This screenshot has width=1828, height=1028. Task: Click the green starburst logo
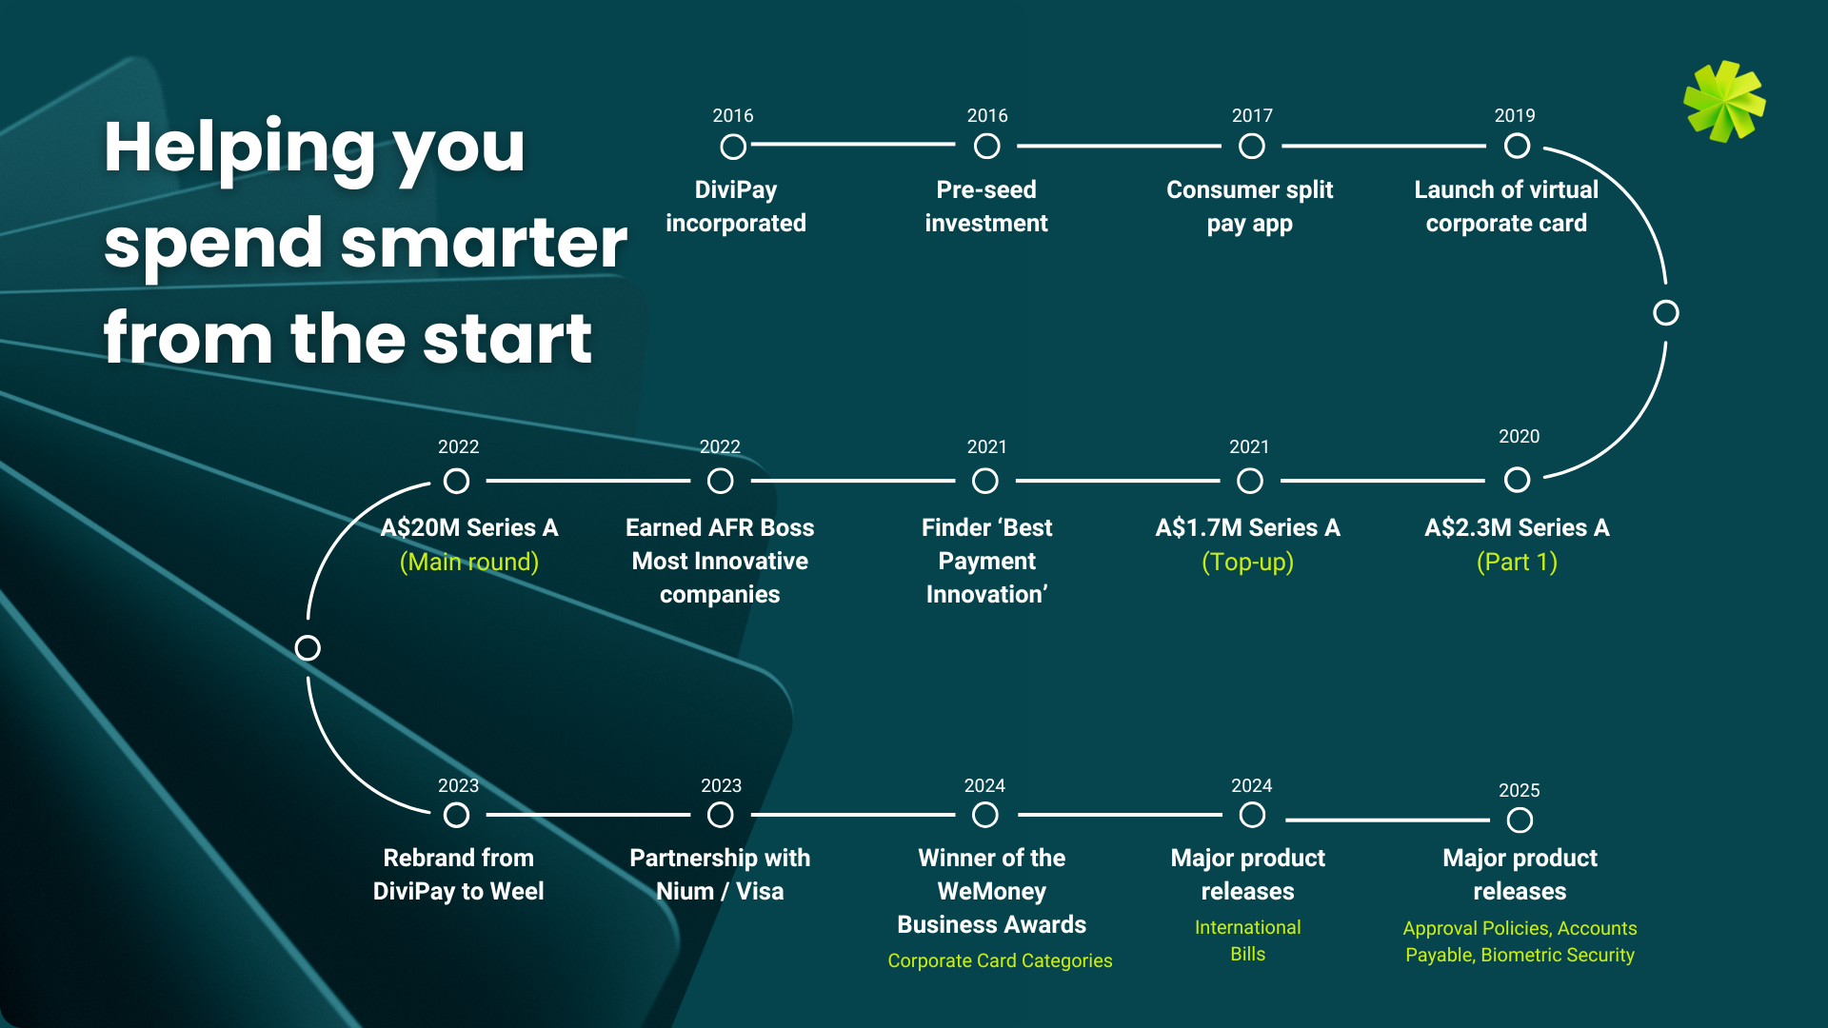pos(1724,101)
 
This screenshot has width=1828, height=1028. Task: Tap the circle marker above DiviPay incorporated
pos(733,147)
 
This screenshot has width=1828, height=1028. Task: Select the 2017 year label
pos(1252,115)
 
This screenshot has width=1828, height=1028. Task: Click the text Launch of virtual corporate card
pos(1506,207)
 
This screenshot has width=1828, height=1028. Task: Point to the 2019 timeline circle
pos(1517,147)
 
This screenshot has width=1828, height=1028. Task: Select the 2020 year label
pos(1519,436)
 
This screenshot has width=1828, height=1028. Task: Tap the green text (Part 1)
pos(1517,562)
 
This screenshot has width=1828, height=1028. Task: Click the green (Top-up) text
pos(1247,562)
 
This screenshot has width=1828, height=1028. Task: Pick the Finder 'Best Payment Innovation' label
pos(986,561)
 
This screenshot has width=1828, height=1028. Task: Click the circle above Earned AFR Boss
pos(721,481)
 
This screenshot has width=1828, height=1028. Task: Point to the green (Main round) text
pos(469,562)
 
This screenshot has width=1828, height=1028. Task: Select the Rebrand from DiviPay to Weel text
pos(458,875)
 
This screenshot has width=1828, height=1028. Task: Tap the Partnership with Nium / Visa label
pos(720,875)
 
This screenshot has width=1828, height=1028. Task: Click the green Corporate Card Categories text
pos(1000,960)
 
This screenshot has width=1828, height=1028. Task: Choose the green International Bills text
pos(1247,940)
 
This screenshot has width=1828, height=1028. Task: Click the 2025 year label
pos(1519,790)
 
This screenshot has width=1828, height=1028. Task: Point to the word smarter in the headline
pos(484,243)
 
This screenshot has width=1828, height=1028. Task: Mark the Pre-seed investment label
pos(986,207)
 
